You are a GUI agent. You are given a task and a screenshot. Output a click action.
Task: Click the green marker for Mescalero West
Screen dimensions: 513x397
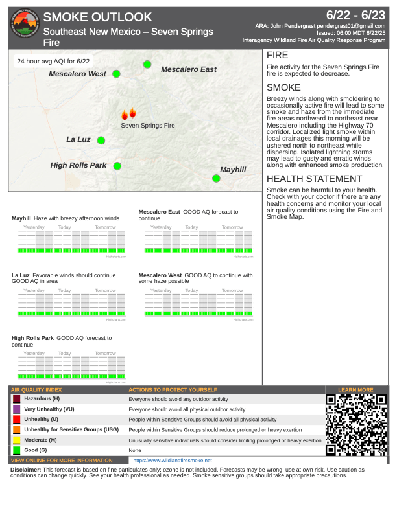coord(117,74)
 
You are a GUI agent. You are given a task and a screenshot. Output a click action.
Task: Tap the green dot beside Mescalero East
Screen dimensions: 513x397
coord(147,64)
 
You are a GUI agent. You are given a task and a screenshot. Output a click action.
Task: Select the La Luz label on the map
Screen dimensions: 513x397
coord(78,139)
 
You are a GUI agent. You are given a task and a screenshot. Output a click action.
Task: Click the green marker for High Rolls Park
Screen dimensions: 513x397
coord(117,166)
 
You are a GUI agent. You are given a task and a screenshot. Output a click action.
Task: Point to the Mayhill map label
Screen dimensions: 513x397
coord(233,170)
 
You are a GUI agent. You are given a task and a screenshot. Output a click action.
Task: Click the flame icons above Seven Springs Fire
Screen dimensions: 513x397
coord(128,113)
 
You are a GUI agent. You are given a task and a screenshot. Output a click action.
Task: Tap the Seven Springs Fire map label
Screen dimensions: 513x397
coord(148,125)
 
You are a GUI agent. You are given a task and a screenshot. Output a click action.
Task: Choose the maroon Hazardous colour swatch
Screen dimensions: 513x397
coord(16,400)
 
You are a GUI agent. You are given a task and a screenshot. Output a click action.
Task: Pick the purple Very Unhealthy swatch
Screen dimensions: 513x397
coord(16,410)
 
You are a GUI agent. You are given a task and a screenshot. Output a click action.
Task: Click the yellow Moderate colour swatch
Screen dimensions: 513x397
coord(16,440)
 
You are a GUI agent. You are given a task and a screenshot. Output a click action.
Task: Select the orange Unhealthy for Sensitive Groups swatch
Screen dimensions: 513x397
coord(16,430)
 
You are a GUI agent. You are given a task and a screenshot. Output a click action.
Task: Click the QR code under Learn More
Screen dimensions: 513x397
coord(356,424)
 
